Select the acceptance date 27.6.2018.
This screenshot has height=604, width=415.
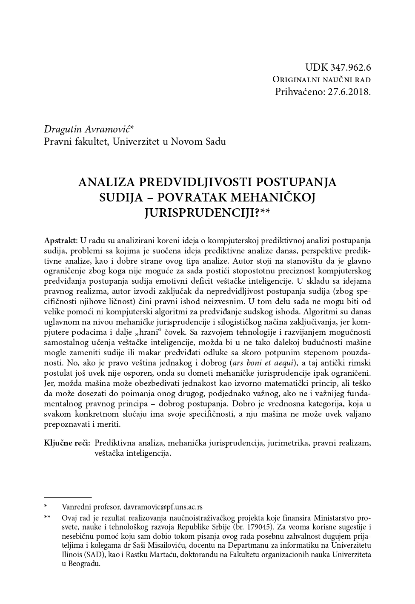point(350,91)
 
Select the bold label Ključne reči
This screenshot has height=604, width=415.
point(67,443)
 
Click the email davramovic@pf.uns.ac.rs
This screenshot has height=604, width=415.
point(163,507)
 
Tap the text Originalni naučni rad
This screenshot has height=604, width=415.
point(321,80)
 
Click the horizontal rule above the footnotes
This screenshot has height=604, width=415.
point(68,497)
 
